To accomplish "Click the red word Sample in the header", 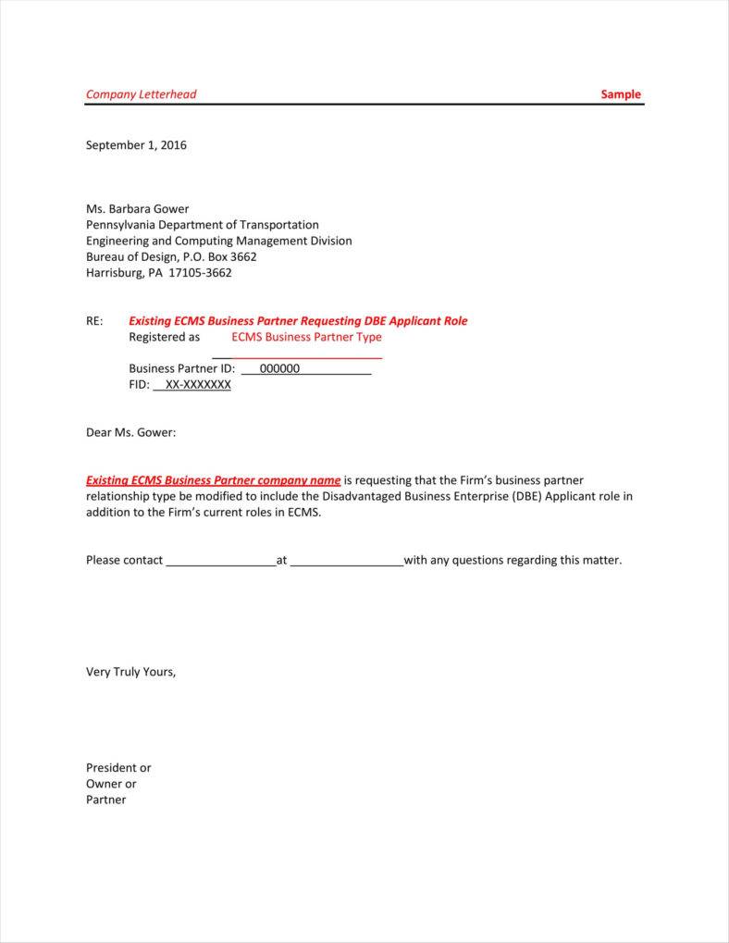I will pos(620,94).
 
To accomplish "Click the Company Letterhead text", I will pos(141,94).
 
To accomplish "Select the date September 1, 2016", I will pos(136,145).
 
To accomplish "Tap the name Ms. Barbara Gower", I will pos(137,208).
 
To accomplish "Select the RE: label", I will pos(94,321).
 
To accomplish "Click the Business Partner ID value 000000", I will pos(280,368).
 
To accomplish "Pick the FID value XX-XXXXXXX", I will pos(198,385).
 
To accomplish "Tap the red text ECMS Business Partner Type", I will pos(306,337).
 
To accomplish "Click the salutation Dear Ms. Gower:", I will pos(130,432).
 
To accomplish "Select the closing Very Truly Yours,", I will pos(130,672).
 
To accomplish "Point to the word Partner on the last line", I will pos(105,800).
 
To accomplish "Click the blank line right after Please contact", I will pos(220,562).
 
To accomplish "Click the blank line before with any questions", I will pos(347,562).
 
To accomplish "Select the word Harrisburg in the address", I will pos(114,273).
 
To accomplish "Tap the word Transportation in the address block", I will pos(278,225).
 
